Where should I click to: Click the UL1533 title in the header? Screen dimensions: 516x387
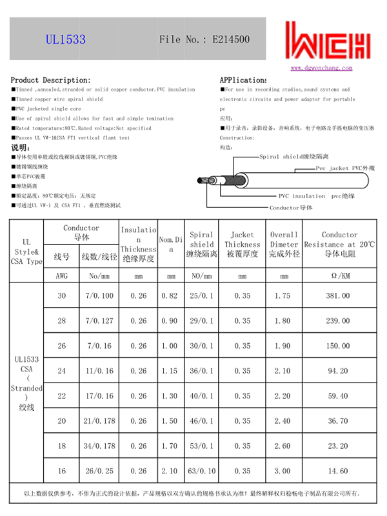pyautogui.click(x=66, y=39)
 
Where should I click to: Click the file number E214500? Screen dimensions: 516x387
pyautogui.click(x=204, y=39)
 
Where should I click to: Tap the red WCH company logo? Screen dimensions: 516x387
pyautogui.click(x=329, y=41)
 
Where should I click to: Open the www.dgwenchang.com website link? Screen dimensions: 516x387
pyautogui.click(x=321, y=67)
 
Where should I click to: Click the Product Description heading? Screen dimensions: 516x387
pyautogui.click(x=42, y=80)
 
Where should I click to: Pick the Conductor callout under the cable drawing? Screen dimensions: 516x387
pyautogui.click(x=291, y=208)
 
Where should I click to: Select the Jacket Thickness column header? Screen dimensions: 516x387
pyautogui.click(x=242, y=244)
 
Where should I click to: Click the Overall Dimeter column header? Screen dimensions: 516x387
pyautogui.click(x=284, y=244)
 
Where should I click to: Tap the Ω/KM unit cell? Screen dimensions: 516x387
pyautogui.click(x=339, y=275)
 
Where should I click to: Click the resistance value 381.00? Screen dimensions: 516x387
pyautogui.click(x=339, y=296)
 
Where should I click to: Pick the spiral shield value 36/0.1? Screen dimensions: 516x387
pyautogui.click(x=202, y=371)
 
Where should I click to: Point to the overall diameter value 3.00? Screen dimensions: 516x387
pyautogui.click(x=283, y=471)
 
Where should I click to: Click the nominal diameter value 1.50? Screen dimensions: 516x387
pyautogui.click(x=170, y=421)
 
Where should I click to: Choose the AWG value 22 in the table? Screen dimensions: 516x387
pyautogui.click(x=62, y=396)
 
